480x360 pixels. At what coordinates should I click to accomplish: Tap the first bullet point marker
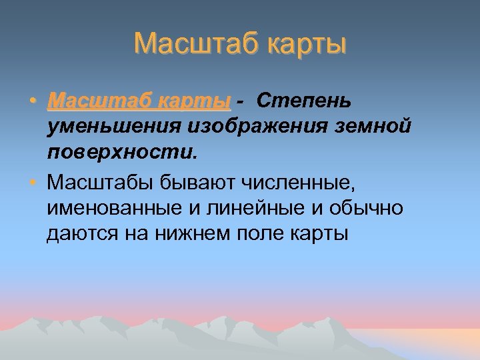pyautogui.click(x=33, y=101)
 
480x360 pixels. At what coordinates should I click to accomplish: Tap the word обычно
pyautogui.click(x=370, y=208)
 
